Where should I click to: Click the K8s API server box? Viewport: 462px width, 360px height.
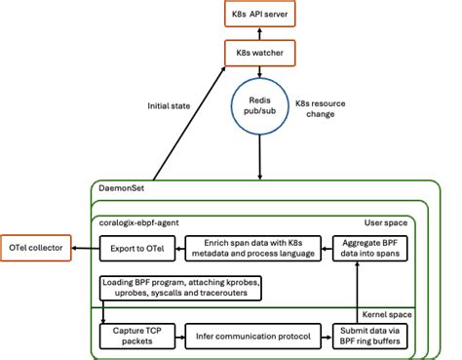point(258,15)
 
